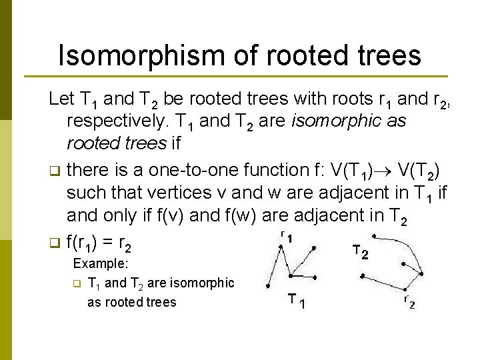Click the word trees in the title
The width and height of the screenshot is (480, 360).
(387, 55)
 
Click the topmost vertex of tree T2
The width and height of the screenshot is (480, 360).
(374, 235)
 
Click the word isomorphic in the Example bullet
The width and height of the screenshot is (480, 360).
(201, 283)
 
